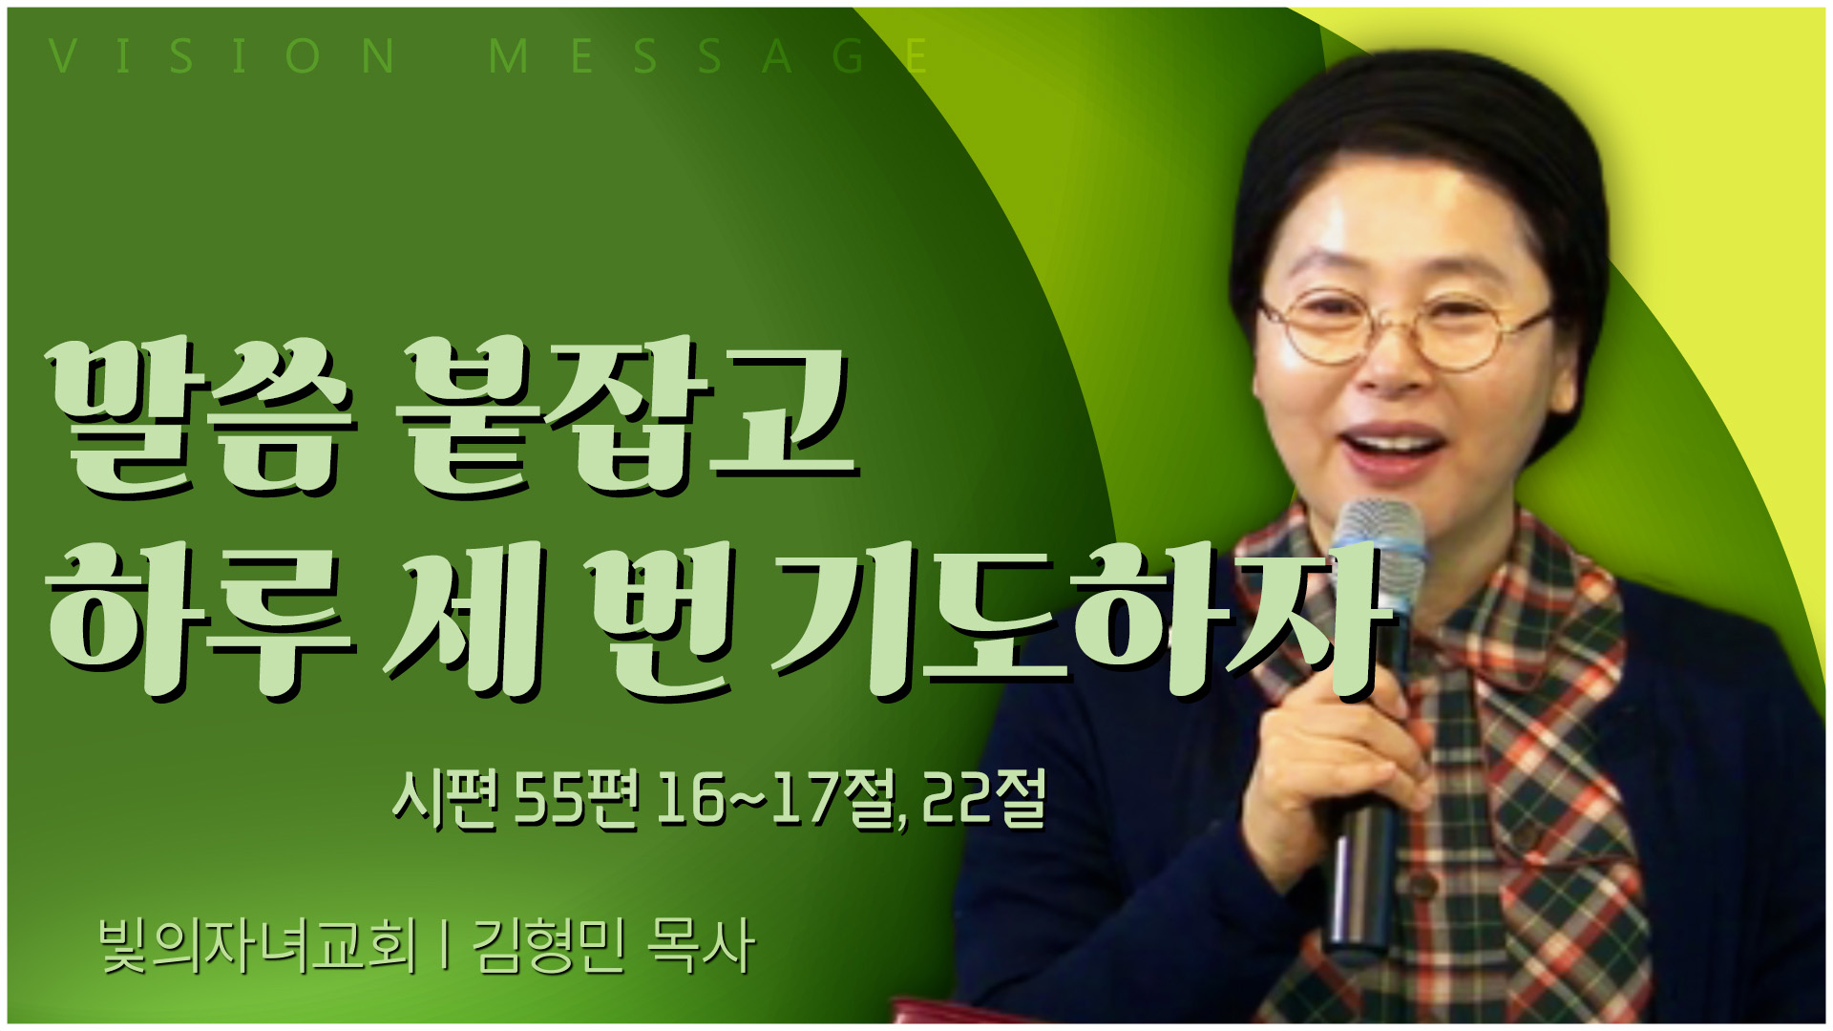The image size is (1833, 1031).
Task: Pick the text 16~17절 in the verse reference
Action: pyautogui.click(x=781, y=799)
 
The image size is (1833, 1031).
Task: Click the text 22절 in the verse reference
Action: pyautogui.click(x=983, y=799)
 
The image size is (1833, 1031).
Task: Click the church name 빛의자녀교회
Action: pyautogui.click(x=258, y=946)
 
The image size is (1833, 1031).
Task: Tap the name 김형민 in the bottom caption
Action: pyautogui.click(x=550, y=946)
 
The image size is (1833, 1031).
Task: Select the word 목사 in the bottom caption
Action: pyautogui.click(x=701, y=946)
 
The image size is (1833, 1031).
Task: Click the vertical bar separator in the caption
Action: pyautogui.click(x=444, y=946)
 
